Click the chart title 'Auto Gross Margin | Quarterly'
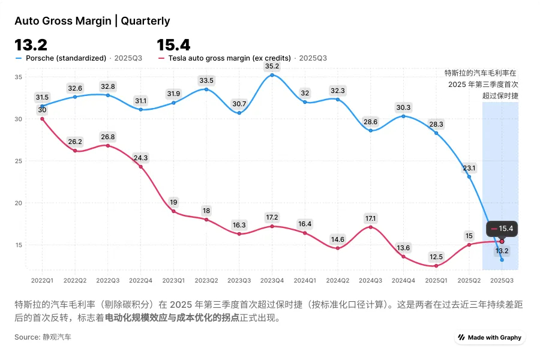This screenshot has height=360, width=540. pos(92,21)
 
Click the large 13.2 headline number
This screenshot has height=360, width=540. pos(31,45)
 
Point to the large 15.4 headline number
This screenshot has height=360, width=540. pos(173,45)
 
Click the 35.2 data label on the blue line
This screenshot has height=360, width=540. pos(272,67)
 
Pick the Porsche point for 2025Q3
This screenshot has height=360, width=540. pos(502,260)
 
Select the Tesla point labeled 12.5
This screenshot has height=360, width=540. pos(436,266)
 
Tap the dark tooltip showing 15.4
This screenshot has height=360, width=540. pos(502,229)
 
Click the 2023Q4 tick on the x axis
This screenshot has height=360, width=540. pos(272,280)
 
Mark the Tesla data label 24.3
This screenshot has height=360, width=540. pos(141,158)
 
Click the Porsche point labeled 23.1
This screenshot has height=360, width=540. pos(469,177)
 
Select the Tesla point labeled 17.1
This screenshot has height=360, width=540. pos(371,227)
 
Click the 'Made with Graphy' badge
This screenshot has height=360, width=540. pos(490,337)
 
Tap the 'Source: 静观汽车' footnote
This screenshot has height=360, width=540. pos(43,337)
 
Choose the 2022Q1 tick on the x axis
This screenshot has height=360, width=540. pos(42,280)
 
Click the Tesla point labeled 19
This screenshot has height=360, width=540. pos(173,211)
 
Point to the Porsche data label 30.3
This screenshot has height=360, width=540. pos(403,107)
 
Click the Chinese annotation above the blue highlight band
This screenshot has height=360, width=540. pos(481,84)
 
